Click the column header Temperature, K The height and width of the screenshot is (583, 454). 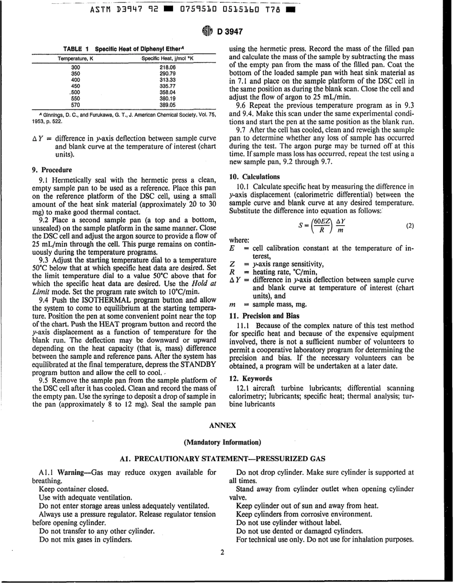[76, 58]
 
